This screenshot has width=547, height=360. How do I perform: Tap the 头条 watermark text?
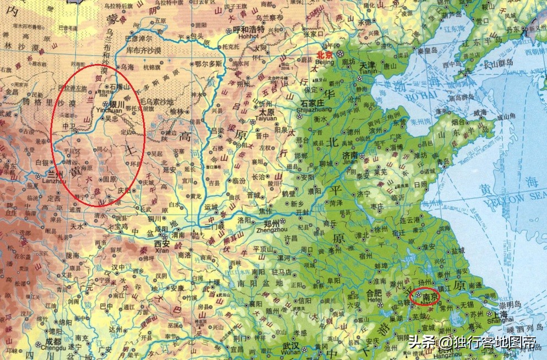422,342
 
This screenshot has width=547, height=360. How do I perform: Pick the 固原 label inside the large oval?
110,179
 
